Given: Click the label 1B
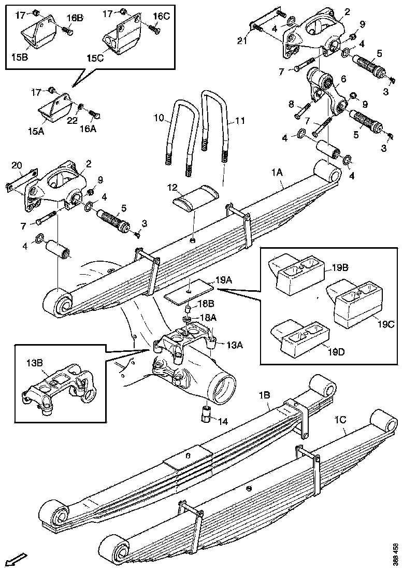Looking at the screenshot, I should click(264, 395).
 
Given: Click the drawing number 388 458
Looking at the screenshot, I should click(396, 552).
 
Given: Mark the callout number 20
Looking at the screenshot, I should click(16, 165).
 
